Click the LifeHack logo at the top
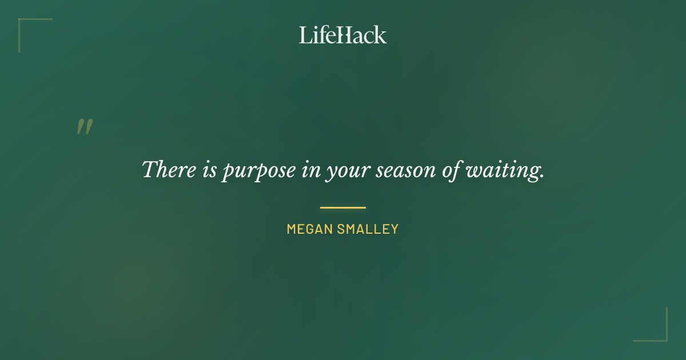[x=343, y=35]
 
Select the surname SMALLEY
[x=368, y=230]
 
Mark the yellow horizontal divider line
[x=343, y=207]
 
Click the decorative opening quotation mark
[x=85, y=127]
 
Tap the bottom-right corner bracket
[x=665, y=339]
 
